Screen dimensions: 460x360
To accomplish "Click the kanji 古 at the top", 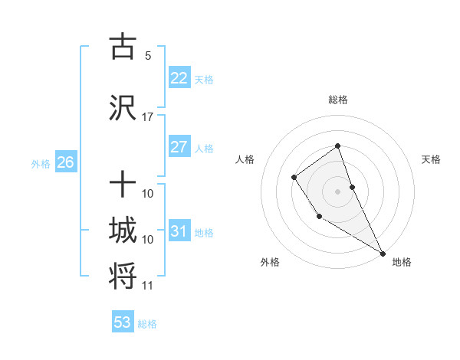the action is pyautogui.click(x=123, y=47).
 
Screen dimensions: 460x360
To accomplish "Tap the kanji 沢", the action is pyautogui.click(x=123, y=108).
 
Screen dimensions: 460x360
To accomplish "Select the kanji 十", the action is pyautogui.click(x=123, y=185).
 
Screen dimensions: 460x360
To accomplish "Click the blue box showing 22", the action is pyautogui.click(x=179, y=78).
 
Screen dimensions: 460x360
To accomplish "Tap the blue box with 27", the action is pyautogui.click(x=179, y=147).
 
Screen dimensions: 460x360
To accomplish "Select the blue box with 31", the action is pyautogui.click(x=179, y=231).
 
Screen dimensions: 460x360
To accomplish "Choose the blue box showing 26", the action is pyautogui.click(x=65, y=162).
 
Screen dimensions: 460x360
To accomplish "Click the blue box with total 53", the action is pyautogui.click(x=123, y=322).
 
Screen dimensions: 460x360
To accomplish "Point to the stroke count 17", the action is pyautogui.click(x=148, y=117).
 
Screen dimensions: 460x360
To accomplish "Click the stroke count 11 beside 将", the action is pyautogui.click(x=148, y=286).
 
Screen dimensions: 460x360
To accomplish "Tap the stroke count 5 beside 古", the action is pyautogui.click(x=148, y=56).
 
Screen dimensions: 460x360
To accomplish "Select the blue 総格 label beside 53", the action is pyautogui.click(x=147, y=324).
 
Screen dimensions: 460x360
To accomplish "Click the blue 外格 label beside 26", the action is pyautogui.click(x=41, y=164).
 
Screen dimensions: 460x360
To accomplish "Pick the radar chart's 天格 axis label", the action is pyautogui.click(x=432, y=159).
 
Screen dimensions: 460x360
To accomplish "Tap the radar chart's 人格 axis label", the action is pyautogui.click(x=245, y=159).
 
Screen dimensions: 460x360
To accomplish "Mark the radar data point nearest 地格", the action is pyautogui.click(x=383, y=253).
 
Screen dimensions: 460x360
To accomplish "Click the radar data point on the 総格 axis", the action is pyautogui.click(x=337, y=146).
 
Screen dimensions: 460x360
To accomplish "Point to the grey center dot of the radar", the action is pyautogui.click(x=337, y=191).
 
